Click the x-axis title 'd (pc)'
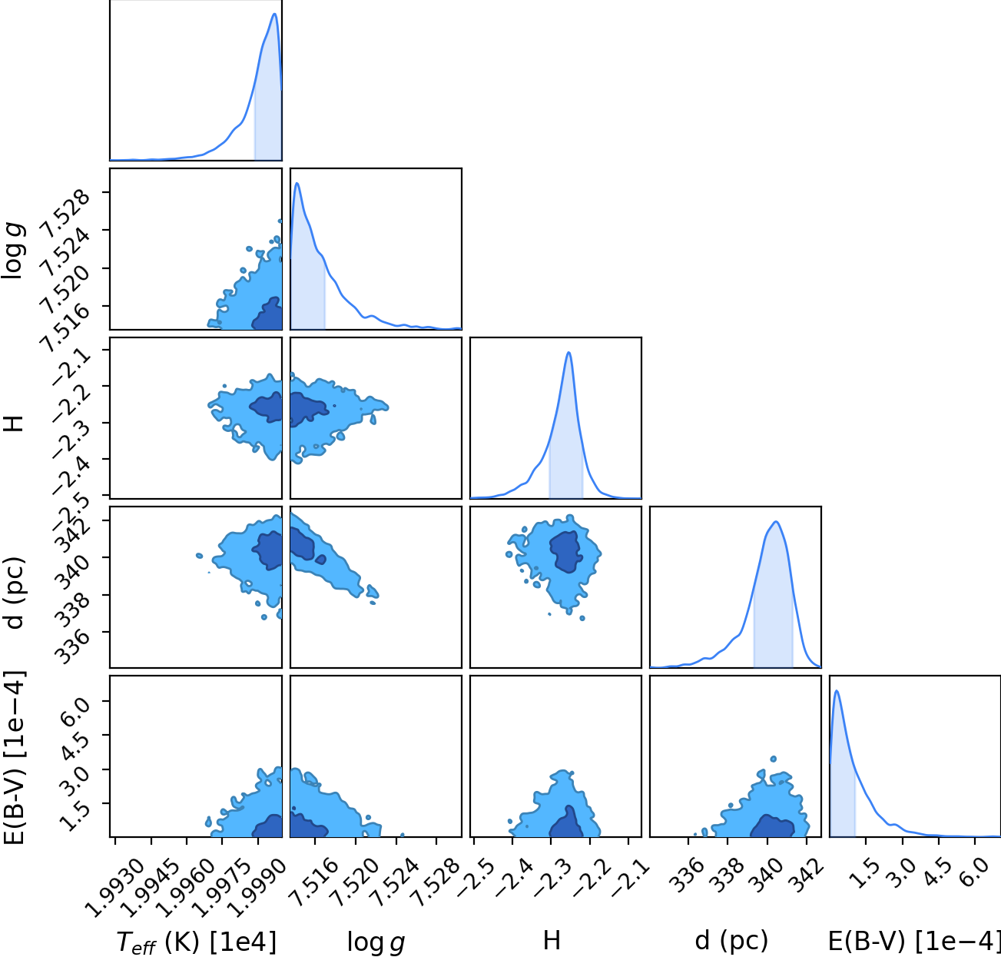(x=731, y=941)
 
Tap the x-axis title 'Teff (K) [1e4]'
(x=197, y=942)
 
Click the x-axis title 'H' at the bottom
(x=552, y=940)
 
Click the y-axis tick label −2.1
(x=71, y=368)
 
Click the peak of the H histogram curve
(x=568, y=353)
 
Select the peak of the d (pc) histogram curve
(x=776, y=522)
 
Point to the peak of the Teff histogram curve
(x=275, y=14)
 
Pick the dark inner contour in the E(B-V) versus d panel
(x=772, y=826)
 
